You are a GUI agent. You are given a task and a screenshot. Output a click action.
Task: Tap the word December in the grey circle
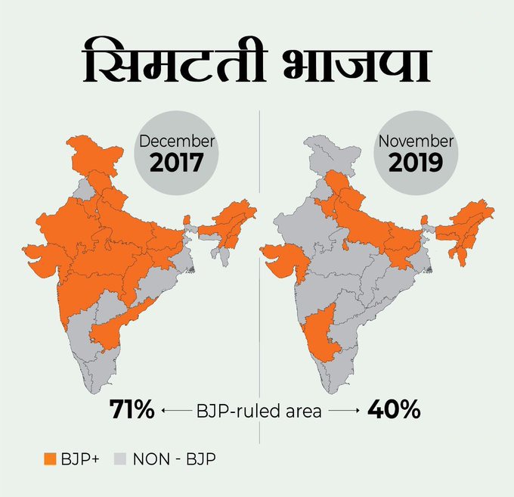click(x=176, y=142)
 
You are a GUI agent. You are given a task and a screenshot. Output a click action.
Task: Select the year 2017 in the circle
click(x=176, y=163)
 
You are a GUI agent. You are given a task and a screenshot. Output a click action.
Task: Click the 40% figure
click(x=393, y=412)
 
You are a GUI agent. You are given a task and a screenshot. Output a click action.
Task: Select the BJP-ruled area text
click(x=259, y=412)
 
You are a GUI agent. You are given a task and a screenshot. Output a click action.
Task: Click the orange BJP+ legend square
click(x=50, y=458)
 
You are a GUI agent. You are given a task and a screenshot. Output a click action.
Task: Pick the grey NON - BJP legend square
click(x=119, y=458)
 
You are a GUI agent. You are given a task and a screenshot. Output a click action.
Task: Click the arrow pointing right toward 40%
click(x=344, y=412)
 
